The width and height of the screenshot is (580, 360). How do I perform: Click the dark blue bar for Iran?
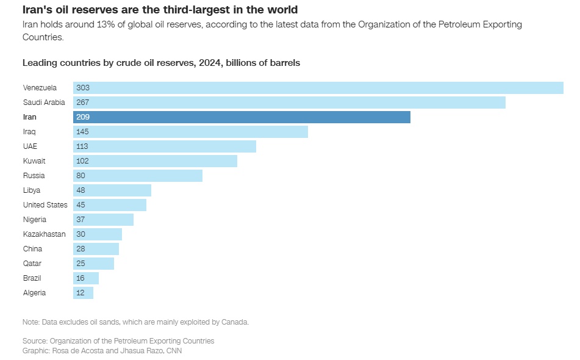coord(242,117)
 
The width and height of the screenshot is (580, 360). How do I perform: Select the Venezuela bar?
coord(318,88)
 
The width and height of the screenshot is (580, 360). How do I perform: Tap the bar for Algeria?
coord(83,293)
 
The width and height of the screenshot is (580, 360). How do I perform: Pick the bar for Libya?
coord(112,190)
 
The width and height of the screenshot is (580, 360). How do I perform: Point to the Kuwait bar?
coord(155,161)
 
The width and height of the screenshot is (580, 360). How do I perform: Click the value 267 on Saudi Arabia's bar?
coord(83,103)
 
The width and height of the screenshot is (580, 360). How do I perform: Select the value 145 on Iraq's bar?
coord(83,132)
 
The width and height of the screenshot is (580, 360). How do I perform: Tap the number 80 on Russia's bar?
coord(81,176)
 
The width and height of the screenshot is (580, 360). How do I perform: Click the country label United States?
coord(45,205)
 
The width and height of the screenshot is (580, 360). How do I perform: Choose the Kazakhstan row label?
coord(44,234)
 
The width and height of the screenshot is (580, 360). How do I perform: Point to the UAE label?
coord(30,146)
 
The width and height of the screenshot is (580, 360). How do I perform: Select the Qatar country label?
coord(32,264)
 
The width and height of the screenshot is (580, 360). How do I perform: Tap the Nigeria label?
coord(35,220)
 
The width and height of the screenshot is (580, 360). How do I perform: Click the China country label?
coord(32,249)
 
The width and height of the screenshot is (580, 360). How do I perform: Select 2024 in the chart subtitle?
coord(209,63)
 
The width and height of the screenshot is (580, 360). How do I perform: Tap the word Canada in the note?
coord(235,322)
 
